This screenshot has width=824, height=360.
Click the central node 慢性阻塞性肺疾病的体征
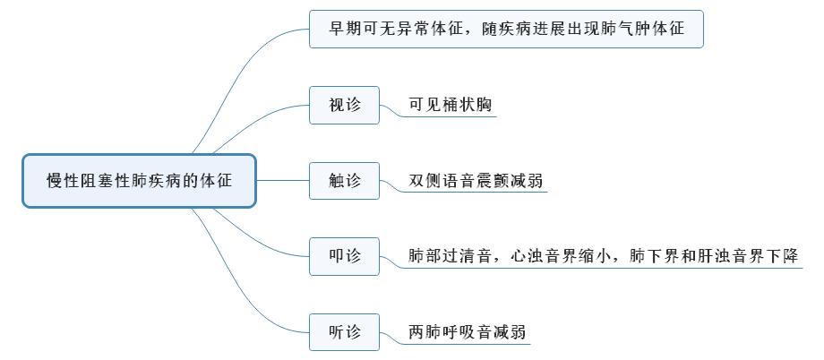pyautogui.click(x=139, y=181)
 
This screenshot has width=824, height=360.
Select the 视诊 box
pyautogui.click(x=345, y=105)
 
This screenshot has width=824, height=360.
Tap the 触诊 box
pyautogui.click(x=345, y=181)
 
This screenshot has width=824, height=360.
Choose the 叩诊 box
pyautogui.click(x=345, y=256)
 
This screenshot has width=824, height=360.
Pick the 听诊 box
pyautogui.click(x=345, y=332)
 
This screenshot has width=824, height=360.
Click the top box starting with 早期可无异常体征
pyautogui.click(x=506, y=29)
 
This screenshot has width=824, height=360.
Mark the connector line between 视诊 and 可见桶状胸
pyautogui.click(x=389, y=112)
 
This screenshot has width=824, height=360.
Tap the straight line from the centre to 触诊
pyautogui.click(x=282, y=181)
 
